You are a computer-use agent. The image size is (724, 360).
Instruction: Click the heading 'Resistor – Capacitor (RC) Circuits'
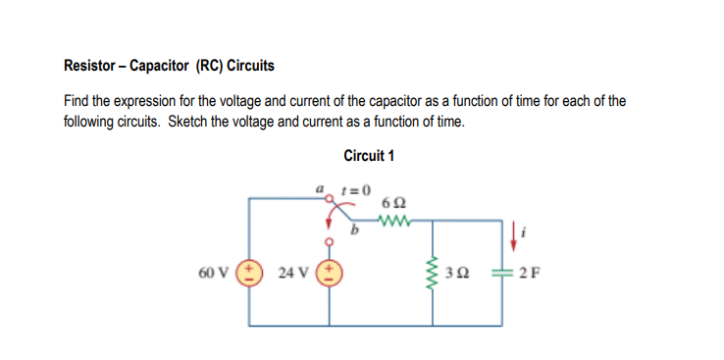pyautogui.click(x=169, y=67)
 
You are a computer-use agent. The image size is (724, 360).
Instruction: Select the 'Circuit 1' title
pyautogui.click(x=369, y=156)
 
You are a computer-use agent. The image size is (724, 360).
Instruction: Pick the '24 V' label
pyautogui.click(x=295, y=271)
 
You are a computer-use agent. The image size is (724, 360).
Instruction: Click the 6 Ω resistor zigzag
pyautogui.click(x=399, y=218)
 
